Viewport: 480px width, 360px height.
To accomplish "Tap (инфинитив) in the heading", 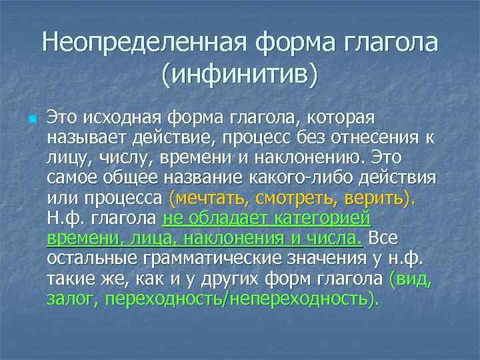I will [240, 73].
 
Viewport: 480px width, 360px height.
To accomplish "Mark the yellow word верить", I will [376, 198].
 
